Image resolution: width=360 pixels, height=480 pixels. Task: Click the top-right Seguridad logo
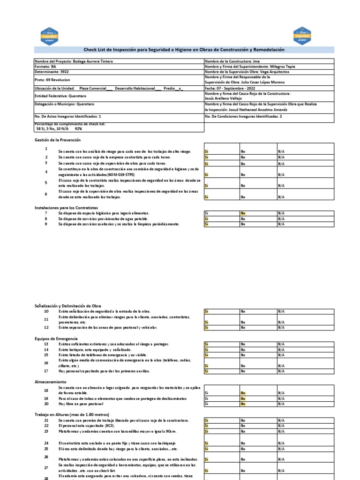pos(302,36)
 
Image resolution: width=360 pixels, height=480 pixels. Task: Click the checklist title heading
pos(184,50)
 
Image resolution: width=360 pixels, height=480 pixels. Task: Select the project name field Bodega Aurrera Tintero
pos(74,61)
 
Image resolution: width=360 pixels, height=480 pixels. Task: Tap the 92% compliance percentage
pos(78,128)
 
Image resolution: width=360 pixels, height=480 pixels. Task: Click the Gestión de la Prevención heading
pos(58,140)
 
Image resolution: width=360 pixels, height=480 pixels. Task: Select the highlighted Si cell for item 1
pos(207,151)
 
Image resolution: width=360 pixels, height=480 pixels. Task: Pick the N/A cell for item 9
pos(281,224)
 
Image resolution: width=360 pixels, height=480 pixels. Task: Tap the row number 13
pos(46,344)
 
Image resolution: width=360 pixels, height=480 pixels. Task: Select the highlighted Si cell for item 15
pos(207,355)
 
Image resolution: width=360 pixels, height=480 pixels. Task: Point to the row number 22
pos(46,426)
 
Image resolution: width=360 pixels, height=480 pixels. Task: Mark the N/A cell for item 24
pos(281,443)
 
